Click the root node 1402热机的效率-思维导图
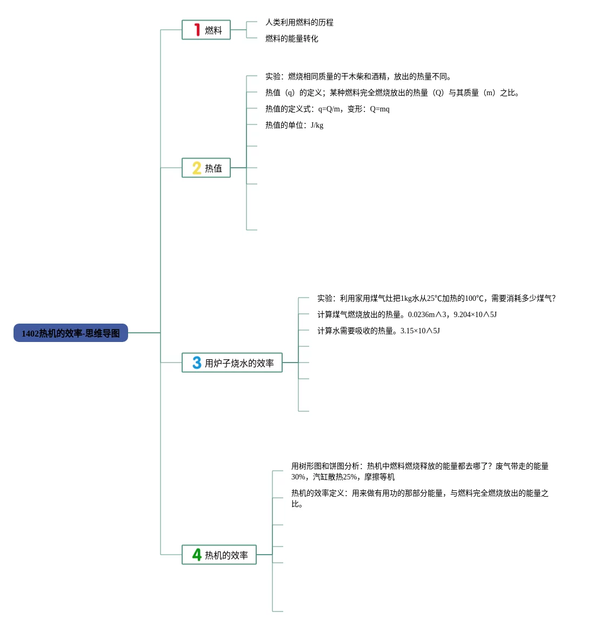click(71, 333)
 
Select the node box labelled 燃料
click(206, 30)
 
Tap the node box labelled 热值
click(206, 168)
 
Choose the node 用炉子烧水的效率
click(232, 363)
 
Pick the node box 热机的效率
click(219, 555)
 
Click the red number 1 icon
click(197, 30)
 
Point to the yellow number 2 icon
click(197, 168)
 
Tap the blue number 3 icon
click(197, 363)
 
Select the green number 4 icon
click(197, 555)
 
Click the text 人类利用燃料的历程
click(299, 23)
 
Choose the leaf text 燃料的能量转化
click(292, 39)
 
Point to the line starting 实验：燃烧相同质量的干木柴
click(358, 77)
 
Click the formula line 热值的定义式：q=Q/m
click(327, 109)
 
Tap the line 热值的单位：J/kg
click(294, 126)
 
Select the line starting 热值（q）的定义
click(392, 93)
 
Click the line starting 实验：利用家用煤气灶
click(436, 299)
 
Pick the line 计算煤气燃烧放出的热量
click(407, 315)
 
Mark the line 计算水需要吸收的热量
click(378, 331)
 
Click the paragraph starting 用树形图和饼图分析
click(419, 471)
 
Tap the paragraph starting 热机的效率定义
click(419, 498)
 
